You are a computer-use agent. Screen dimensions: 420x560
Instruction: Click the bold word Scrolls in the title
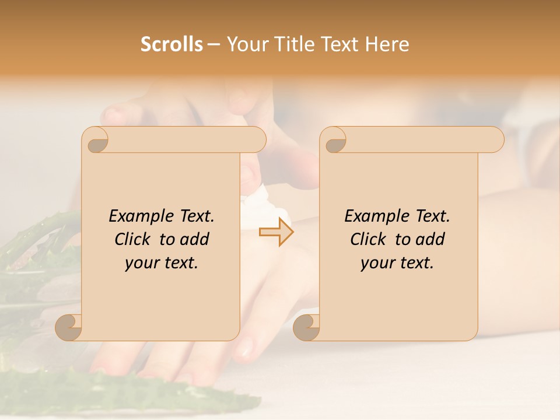(172, 44)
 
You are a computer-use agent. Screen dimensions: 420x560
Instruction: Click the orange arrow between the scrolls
(276, 232)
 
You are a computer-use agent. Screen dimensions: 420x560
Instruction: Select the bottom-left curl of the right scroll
(307, 327)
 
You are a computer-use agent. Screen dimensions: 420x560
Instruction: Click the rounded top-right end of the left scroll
(257, 140)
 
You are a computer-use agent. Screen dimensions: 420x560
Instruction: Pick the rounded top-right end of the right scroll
(495, 140)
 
